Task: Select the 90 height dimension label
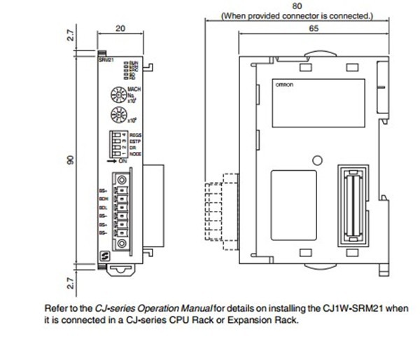[70, 162]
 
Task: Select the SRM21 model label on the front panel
[105, 63]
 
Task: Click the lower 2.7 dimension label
[70, 283]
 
